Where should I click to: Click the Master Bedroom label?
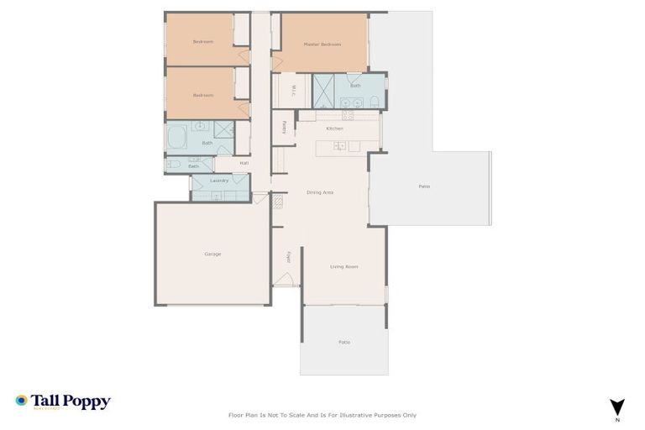click(322, 45)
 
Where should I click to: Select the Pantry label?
click(285, 127)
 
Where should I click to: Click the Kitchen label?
click(334, 128)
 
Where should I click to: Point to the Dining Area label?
click(320, 192)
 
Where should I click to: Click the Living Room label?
click(343, 266)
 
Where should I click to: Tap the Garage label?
click(212, 254)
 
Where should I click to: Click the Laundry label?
click(219, 181)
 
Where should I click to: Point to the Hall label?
click(244, 163)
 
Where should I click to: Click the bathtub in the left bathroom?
click(177, 137)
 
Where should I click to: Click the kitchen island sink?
click(338, 146)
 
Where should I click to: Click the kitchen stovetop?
click(348, 115)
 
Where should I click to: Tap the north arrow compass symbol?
click(617, 406)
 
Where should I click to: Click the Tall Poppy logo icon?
click(21, 401)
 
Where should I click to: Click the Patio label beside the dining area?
click(424, 186)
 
